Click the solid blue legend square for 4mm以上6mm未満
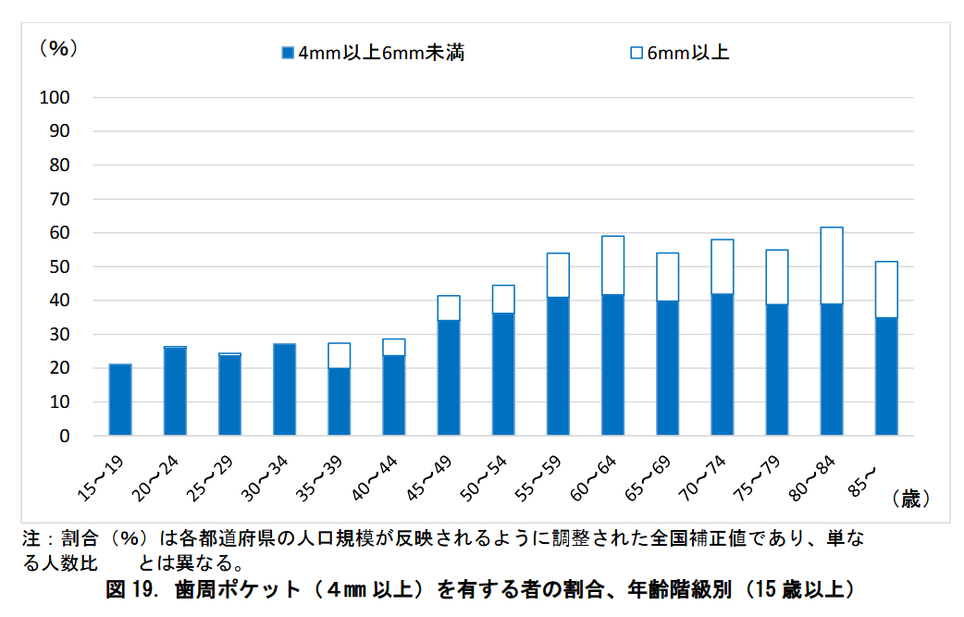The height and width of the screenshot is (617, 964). (x=288, y=53)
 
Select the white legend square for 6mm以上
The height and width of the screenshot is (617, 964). (x=636, y=53)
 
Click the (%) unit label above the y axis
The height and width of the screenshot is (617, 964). (x=57, y=49)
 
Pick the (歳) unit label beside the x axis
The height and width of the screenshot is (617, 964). (x=910, y=500)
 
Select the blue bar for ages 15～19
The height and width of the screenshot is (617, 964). (x=120, y=400)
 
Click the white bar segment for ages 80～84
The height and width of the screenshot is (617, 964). (x=832, y=265)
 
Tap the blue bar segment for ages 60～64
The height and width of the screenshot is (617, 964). (x=612, y=364)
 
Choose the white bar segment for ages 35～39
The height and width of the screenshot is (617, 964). (x=339, y=355)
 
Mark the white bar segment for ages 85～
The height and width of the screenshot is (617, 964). (x=886, y=290)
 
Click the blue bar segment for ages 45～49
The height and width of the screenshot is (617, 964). (x=449, y=377)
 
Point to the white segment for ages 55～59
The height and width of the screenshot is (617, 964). (x=558, y=275)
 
